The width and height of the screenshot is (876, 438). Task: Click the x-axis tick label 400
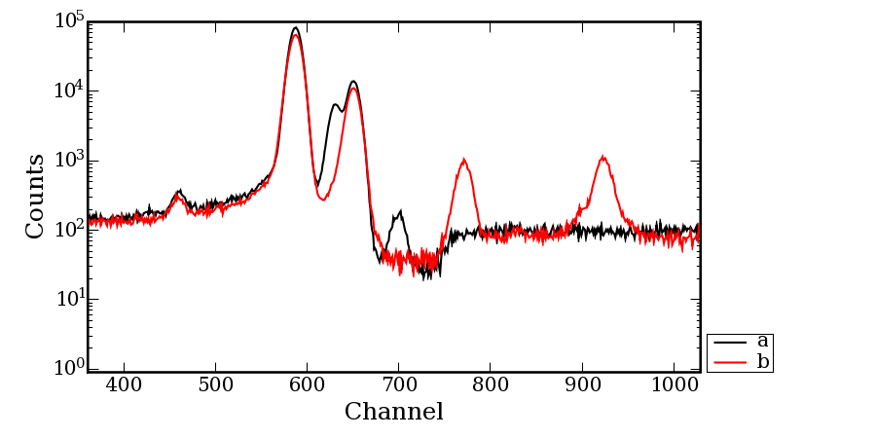click(x=124, y=384)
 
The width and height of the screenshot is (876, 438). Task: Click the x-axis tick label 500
click(x=215, y=384)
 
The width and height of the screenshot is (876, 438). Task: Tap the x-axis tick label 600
click(x=307, y=384)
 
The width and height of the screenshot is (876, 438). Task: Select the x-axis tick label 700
click(x=398, y=384)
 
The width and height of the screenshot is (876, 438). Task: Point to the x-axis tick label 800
click(x=490, y=384)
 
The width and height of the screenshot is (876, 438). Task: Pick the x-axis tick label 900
click(x=581, y=384)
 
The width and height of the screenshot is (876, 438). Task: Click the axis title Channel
click(x=393, y=412)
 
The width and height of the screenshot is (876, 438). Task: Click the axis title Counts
click(x=35, y=196)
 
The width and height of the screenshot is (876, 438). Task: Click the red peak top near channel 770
click(x=464, y=160)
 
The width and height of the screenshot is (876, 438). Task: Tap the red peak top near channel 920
click(x=603, y=156)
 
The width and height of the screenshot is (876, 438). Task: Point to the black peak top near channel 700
click(x=400, y=211)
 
